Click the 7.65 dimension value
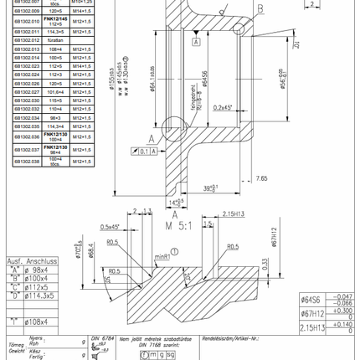pyautogui.click(x=260, y=177)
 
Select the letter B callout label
pyautogui.click(x=260, y=8)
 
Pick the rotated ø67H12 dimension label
pyautogui.click(x=273, y=237)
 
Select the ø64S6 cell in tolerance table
pyautogui.click(x=312, y=298)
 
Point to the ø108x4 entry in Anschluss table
pyautogui.click(x=35, y=321)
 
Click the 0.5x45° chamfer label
pyautogui.click(x=111, y=227)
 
